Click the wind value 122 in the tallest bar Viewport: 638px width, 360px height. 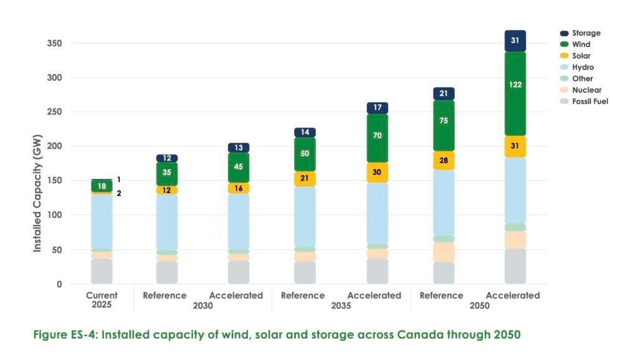pos(515,85)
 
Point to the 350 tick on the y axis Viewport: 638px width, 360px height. pos(55,44)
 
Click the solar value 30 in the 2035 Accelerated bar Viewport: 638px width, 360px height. pos(377,173)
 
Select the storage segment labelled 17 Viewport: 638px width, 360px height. pos(377,108)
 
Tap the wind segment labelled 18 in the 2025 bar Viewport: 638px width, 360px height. pos(102,186)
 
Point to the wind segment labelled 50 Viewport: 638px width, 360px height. pos(305,154)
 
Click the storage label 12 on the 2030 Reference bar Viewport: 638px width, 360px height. pos(167,158)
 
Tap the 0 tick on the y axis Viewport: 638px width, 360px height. pos(60,284)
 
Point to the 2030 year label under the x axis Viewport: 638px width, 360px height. pos(202,306)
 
